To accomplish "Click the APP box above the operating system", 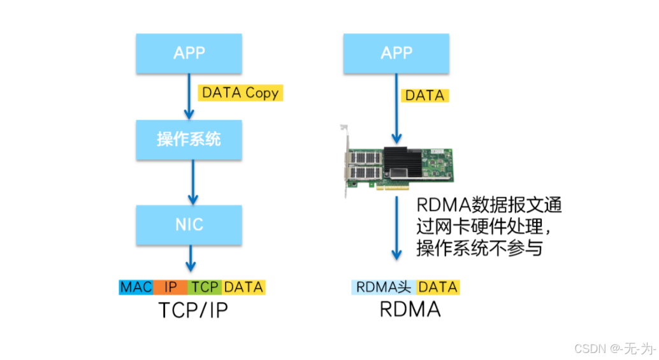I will click(x=189, y=53).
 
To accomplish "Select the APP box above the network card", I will click(x=396, y=53).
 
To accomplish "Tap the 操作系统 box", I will click(x=189, y=139).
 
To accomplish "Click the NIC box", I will click(x=189, y=225).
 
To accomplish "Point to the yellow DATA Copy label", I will click(x=240, y=93).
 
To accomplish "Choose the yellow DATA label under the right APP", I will click(x=424, y=96).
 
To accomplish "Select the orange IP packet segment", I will click(x=171, y=287).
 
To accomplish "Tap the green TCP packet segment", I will click(x=205, y=287).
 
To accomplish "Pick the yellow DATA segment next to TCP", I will click(x=243, y=287).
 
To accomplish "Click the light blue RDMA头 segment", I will click(x=384, y=287).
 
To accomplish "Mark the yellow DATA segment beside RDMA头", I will click(x=438, y=287).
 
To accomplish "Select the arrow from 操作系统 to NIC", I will click(x=189, y=182).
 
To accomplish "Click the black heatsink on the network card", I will click(x=404, y=160).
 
